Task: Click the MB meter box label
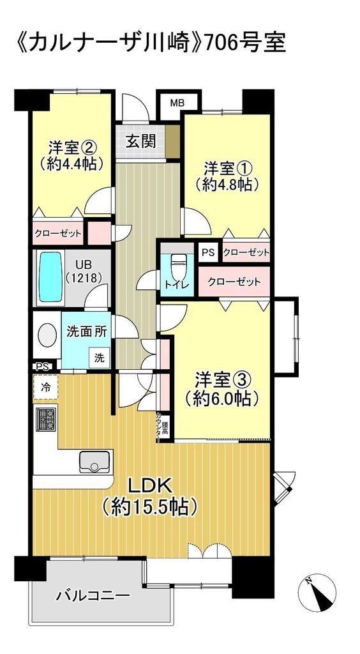(177, 103)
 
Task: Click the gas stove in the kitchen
(45, 420)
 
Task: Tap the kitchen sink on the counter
(96, 462)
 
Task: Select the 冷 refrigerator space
(45, 388)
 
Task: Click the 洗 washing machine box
(99, 358)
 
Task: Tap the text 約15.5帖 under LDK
(149, 506)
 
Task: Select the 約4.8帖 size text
(226, 184)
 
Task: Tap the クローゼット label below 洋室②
(58, 234)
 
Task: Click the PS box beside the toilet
(208, 252)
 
